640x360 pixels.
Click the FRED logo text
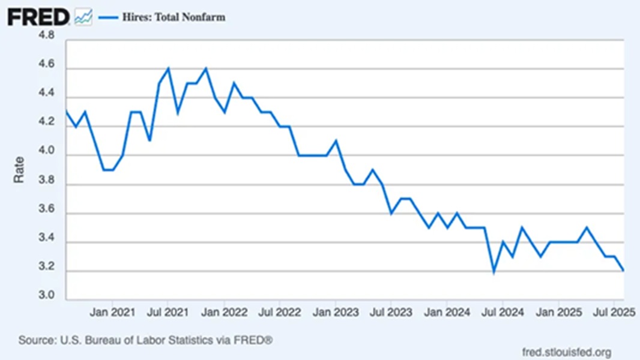click(x=38, y=17)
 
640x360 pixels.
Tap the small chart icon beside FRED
click(x=83, y=17)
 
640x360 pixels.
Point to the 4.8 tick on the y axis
click(x=46, y=36)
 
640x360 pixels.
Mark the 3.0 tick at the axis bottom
click(x=46, y=296)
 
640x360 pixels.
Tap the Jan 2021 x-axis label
click(x=112, y=313)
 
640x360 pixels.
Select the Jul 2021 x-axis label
click(x=168, y=313)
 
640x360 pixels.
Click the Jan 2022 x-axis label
click(x=224, y=313)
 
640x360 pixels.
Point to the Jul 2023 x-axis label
click(x=391, y=313)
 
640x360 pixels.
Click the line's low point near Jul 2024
click(x=494, y=271)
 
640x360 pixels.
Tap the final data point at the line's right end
click(x=624, y=271)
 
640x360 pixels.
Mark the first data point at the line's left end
click(x=66, y=112)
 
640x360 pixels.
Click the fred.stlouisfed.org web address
click(x=567, y=352)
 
